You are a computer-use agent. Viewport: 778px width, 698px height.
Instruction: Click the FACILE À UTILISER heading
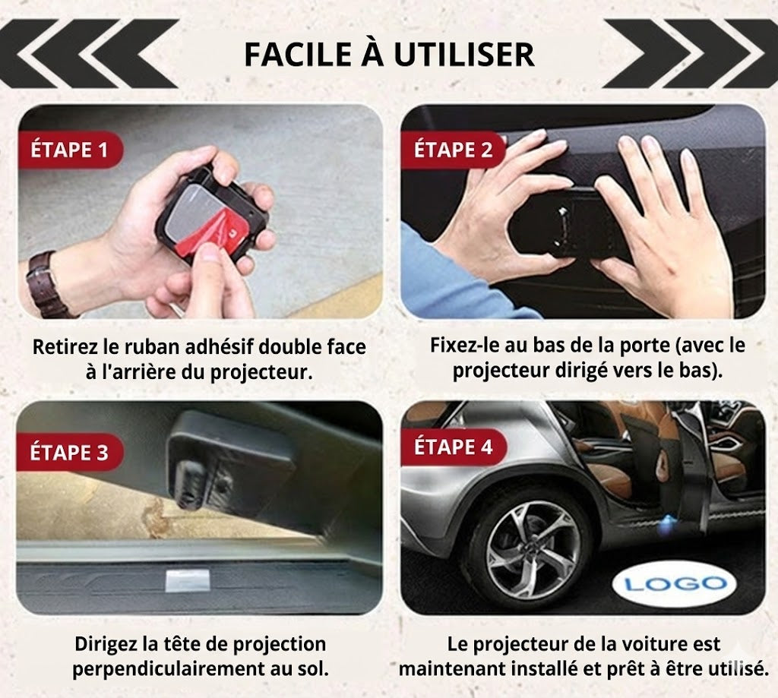pyautogui.click(x=388, y=54)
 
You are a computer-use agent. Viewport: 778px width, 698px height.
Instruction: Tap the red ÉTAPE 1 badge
pyautogui.click(x=69, y=150)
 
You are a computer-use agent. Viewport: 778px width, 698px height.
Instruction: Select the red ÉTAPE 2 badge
pyautogui.click(x=453, y=150)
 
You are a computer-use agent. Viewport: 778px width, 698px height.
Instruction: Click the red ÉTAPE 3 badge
pyautogui.click(x=69, y=453)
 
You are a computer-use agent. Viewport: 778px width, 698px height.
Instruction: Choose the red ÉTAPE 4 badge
pyautogui.click(x=453, y=447)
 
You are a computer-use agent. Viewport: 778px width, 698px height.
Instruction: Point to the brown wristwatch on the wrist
pyautogui.click(x=43, y=283)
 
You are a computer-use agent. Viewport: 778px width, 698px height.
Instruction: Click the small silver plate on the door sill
pyautogui.click(x=187, y=580)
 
